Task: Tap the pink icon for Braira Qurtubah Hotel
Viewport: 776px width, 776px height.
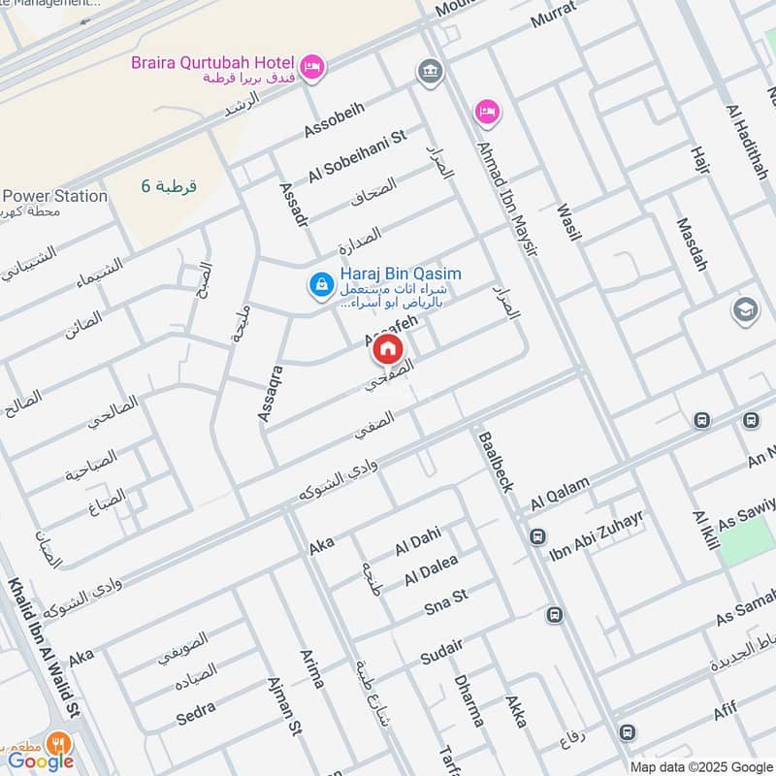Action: coord(311,66)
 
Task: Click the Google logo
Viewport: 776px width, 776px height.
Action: coord(41,761)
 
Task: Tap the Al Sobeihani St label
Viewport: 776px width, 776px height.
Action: coord(356,156)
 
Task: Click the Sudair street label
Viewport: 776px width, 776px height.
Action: coord(441,652)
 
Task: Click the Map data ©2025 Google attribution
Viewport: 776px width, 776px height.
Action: coord(697,766)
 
